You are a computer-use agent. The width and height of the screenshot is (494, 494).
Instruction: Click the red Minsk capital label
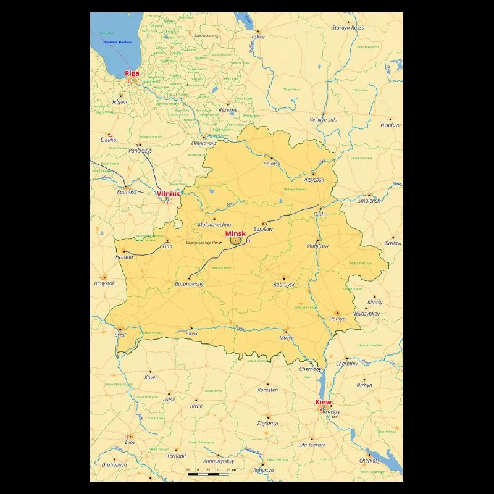click(x=235, y=233)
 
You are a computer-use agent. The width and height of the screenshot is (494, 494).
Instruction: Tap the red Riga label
click(x=132, y=73)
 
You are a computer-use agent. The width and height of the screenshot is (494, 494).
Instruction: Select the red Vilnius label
click(x=169, y=193)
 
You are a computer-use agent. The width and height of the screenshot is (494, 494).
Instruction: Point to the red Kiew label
click(x=323, y=402)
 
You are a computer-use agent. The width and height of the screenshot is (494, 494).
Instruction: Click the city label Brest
click(x=120, y=335)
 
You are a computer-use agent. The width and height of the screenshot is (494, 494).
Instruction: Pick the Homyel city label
click(x=338, y=319)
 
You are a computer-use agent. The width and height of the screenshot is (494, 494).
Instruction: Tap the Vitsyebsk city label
click(x=314, y=179)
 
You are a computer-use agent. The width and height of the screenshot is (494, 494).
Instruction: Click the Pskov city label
click(x=257, y=37)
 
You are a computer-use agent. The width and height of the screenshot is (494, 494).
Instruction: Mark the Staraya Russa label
click(x=348, y=28)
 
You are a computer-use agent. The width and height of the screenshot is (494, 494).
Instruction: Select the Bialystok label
click(x=104, y=283)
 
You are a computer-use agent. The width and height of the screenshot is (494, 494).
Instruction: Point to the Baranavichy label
click(x=190, y=284)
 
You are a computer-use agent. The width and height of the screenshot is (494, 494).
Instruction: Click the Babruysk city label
click(x=284, y=285)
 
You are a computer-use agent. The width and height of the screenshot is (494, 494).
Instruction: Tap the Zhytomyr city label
click(x=268, y=424)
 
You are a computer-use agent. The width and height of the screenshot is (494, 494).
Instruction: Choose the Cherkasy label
click(x=370, y=461)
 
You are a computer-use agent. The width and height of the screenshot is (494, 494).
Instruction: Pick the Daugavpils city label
click(x=204, y=143)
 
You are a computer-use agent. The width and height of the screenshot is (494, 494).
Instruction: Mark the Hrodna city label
click(x=124, y=257)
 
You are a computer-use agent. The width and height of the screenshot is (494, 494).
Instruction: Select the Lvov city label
click(x=130, y=443)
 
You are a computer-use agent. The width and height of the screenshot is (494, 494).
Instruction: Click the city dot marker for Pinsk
click(x=191, y=328)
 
